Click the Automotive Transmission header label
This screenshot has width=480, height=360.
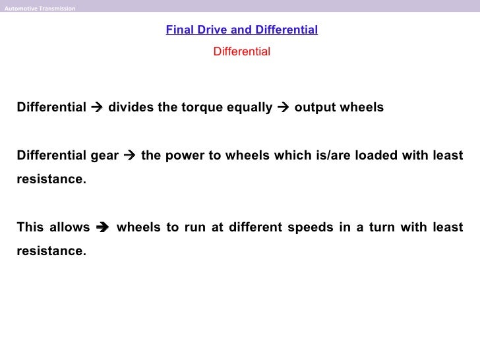click(x=40, y=9)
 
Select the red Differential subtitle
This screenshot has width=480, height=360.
click(x=241, y=51)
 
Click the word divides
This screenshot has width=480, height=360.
click(x=131, y=107)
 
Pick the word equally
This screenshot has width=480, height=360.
click(x=249, y=107)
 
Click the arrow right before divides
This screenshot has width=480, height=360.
click(x=98, y=107)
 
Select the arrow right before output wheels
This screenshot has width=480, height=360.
click(x=284, y=107)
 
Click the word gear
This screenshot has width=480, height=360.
click(x=104, y=156)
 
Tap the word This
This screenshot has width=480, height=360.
click(x=30, y=227)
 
